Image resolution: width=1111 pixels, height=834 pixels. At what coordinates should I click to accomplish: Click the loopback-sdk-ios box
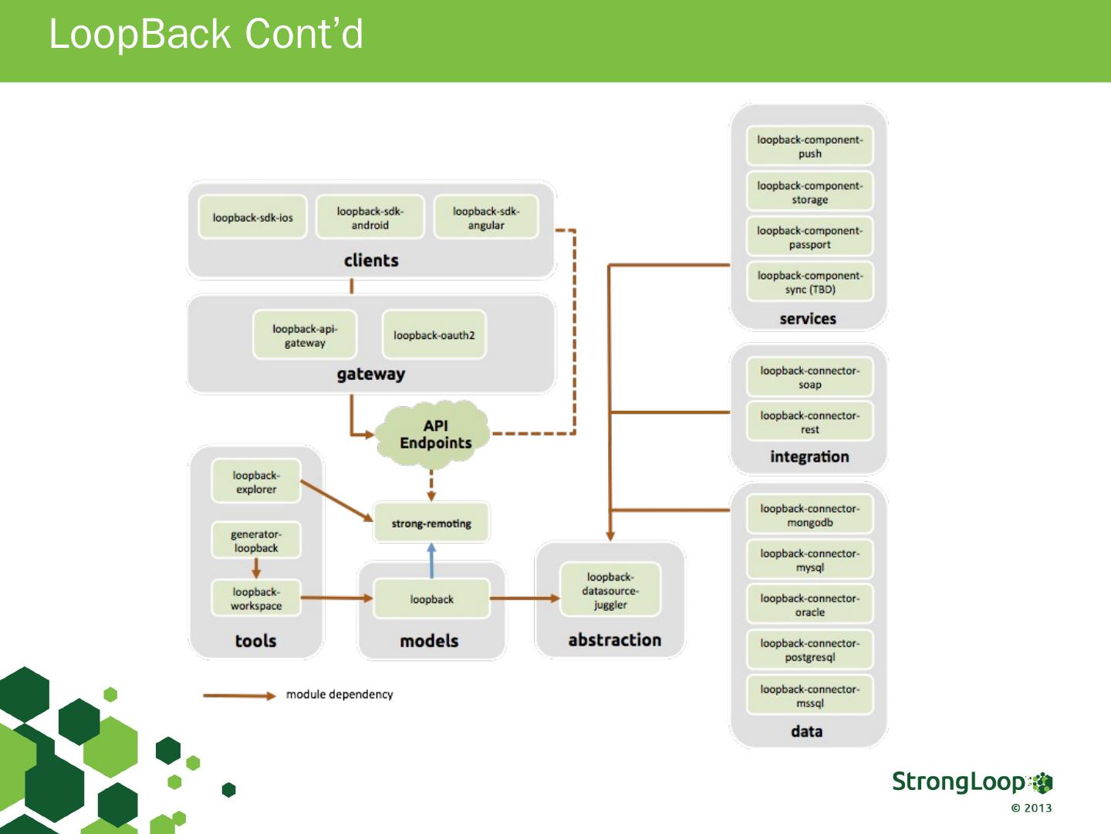(x=252, y=217)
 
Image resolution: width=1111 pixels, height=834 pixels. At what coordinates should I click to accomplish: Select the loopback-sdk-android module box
(x=370, y=217)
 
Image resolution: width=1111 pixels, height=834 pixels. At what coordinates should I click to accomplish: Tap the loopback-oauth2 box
(x=434, y=334)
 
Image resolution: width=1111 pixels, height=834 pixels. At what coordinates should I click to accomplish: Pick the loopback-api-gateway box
(x=305, y=334)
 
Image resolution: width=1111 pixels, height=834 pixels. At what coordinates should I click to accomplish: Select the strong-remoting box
(x=431, y=523)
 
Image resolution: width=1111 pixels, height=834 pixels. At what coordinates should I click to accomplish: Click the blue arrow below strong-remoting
(x=431, y=561)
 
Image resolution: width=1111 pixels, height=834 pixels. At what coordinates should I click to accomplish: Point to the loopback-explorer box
(x=256, y=481)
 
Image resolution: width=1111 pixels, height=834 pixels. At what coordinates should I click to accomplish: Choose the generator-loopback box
(x=256, y=541)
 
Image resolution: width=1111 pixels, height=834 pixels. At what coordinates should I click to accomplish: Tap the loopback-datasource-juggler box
(x=610, y=590)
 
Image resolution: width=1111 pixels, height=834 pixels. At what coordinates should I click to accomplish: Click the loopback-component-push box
(x=810, y=146)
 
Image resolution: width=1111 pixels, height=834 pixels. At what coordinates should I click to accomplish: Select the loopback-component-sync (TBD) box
(x=810, y=282)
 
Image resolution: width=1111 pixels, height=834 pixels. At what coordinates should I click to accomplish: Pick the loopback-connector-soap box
(x=810, y=377)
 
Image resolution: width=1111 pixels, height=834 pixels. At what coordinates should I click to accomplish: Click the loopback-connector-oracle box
(x=810, y=605)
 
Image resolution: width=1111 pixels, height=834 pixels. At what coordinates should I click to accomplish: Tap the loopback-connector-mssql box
(x=810, y=695)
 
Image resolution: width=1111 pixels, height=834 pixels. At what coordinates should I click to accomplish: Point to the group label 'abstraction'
(x=614, y=639)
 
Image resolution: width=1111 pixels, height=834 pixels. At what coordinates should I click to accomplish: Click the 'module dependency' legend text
(x=339, y=694)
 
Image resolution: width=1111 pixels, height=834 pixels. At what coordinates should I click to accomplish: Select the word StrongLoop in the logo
(x=959, y=781)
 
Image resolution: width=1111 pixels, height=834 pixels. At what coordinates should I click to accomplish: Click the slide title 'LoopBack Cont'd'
(x=206, y=34)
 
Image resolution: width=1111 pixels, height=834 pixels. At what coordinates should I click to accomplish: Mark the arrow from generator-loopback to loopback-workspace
(x=256, y=568)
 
